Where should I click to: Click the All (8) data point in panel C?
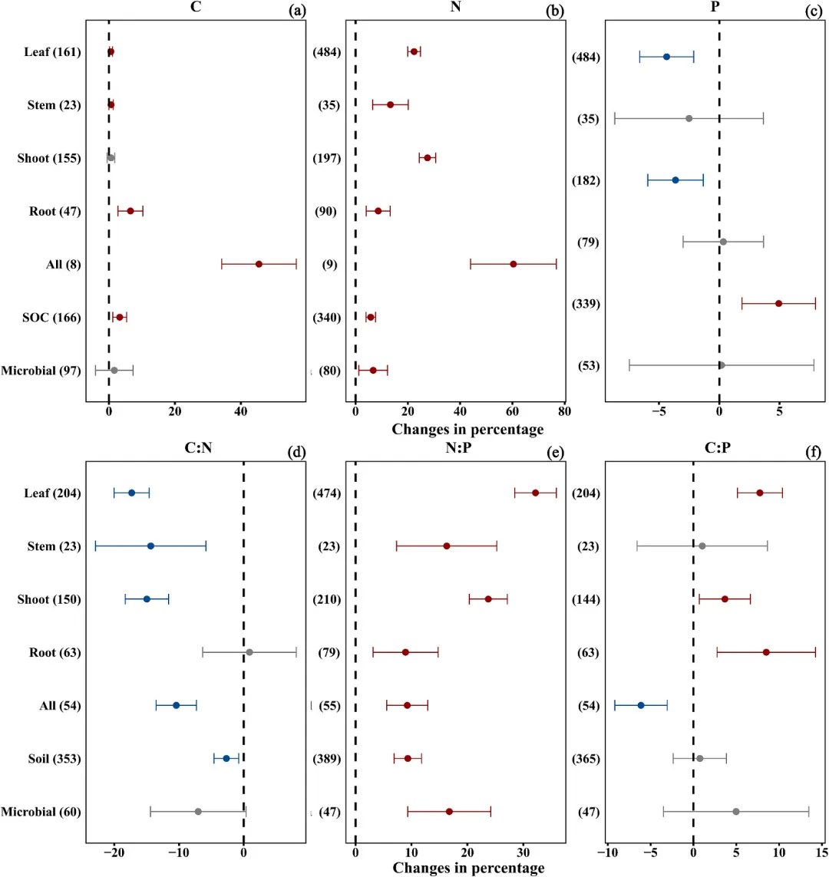[x=259, y=264]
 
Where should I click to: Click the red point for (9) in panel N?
[x=513, y=264]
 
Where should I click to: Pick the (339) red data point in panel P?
[x=778, y=304]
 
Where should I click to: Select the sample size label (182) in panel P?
[x=586, y=180]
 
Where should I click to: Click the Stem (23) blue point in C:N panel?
[x=150, y=546]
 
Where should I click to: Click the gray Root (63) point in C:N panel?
[x=249, y=652]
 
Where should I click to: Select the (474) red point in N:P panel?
[x=536, y=493]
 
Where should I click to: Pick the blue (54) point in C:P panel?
[x=641, y=705]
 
